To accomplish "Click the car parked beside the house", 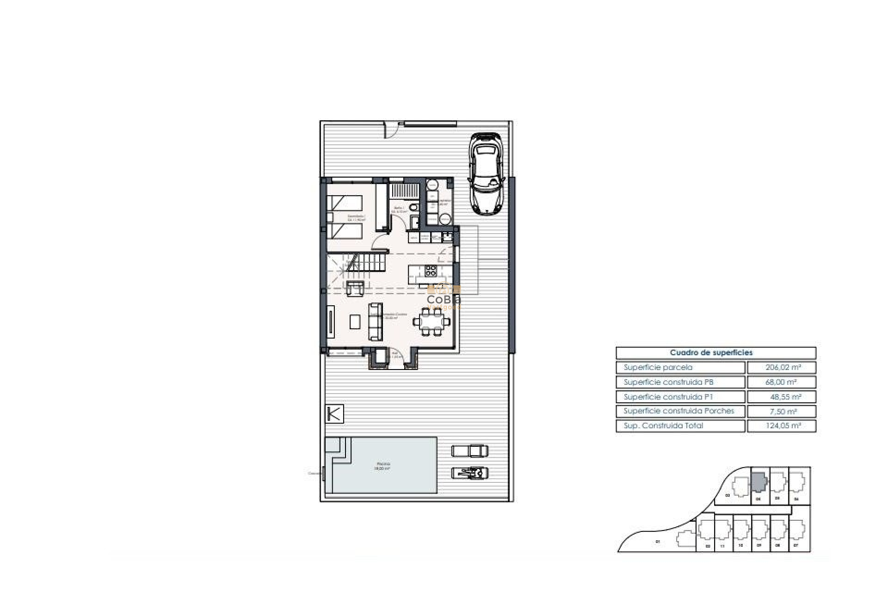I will [x=485, y=174].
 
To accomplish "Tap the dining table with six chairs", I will [x=431, y=321].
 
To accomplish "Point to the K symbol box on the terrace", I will [x=334, y=413].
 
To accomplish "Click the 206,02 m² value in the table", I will [x=781, y=368].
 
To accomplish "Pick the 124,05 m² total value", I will [x=781, y=426].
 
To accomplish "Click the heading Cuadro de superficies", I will [x=715, y=353].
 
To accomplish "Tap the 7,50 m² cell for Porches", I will [x=781, y=411].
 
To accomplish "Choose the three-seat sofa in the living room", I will [x=375, y=321].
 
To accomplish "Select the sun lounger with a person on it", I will [x=470, y=473].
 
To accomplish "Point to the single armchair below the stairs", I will [x=354, y=288].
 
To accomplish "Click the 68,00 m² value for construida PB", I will [x=781, y=382].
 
